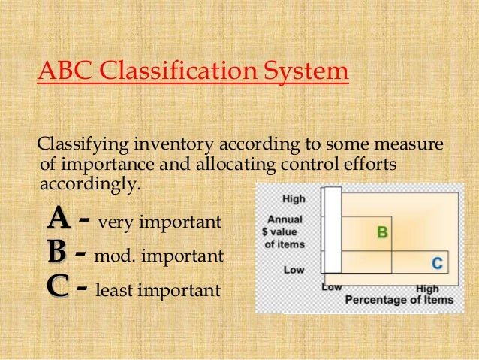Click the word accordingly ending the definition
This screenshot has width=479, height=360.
pyautogui.click(x=88, y=183)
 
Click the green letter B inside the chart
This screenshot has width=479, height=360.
pyautogui.click(x=381, y=233)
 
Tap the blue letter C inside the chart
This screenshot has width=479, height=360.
pyautogui.click(x=436, y=263)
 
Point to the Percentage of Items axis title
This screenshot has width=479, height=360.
pyautogui.click(x=399, y=300)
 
